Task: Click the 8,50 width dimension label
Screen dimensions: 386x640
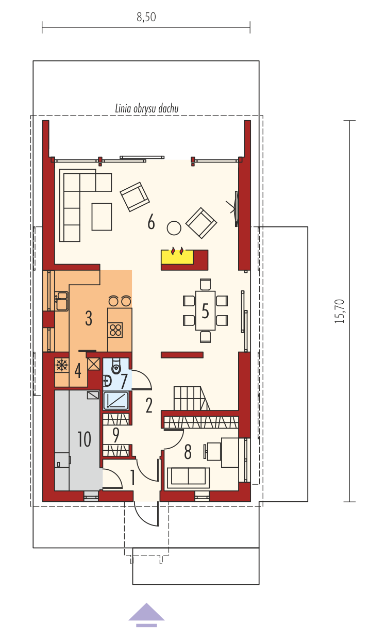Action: coord(146,17)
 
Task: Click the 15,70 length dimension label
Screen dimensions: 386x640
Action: coord(340,311)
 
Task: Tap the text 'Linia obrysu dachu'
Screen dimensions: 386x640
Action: coord(147,109)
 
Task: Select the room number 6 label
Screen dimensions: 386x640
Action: coord(151,222)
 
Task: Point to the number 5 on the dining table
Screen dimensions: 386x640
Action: coord(205,311)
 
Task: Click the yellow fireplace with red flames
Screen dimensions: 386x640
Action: coord(177,256)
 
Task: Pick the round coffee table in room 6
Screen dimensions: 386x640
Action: coord(174,228)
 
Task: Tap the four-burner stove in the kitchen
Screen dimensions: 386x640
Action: coord(115,330)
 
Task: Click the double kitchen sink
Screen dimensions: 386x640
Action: coord(62,301)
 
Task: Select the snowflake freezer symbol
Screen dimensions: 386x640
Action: coord(62,365)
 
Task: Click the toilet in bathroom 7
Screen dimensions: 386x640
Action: coord(116,366)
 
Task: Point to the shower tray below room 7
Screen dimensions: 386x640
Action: coord(115,401)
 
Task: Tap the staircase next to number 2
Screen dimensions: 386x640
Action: coord(192,398)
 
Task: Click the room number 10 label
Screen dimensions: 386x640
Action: coord(84,439)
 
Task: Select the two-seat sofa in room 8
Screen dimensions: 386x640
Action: coord(189,478)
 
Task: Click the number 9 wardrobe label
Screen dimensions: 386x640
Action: coord(115,435)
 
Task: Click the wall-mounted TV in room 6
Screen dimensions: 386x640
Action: coord(236,208)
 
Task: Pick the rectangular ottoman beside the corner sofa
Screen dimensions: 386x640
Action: coord(102,217)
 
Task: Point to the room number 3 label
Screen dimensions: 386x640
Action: coord(89,318)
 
